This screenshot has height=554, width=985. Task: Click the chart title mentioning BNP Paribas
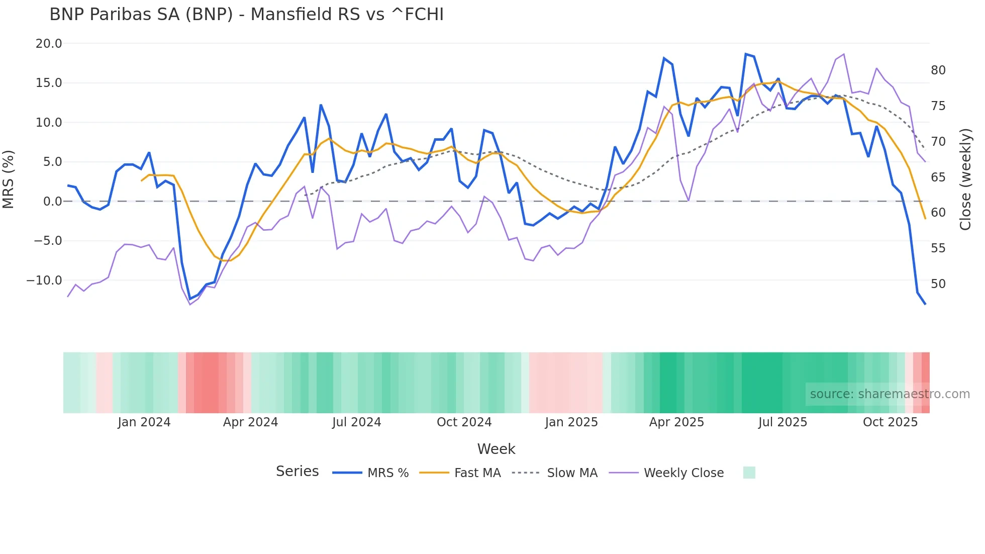coord(246,15)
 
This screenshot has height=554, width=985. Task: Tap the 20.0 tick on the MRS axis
coord(49,44)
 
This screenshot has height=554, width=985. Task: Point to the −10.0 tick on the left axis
coord(44,281)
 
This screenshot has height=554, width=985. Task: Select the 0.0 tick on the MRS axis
coord(53,202)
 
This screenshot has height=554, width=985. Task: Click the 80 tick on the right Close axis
coord(938,70)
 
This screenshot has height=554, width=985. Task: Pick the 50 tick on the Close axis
coord(938,284)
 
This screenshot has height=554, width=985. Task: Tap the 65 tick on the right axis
coord(938,177)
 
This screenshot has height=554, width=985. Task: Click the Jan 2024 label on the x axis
coord(144,422)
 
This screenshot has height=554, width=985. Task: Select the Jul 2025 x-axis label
coord(782,422)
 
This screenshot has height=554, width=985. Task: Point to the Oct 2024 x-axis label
coord(464,422)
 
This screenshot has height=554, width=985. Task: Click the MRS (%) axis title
coord(9,179)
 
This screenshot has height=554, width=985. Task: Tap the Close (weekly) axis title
coord(965,179)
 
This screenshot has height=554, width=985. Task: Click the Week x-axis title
coord(496,449)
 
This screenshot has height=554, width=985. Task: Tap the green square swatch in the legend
coord(749,473)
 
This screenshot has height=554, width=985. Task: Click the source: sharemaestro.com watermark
coord(890,394)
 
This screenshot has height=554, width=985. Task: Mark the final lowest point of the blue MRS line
coord(925,304)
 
